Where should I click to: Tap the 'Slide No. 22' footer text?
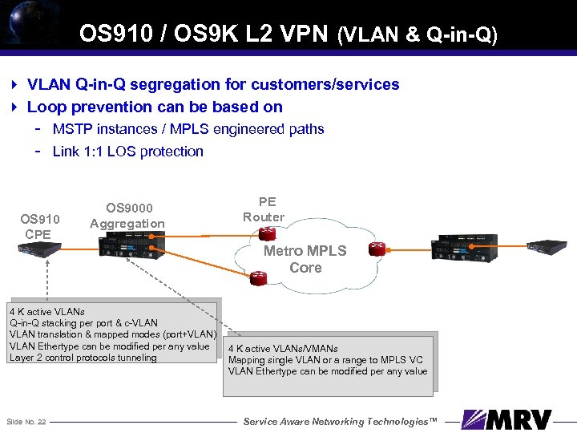pos(26,421)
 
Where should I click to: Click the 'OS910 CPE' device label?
pos(39,226)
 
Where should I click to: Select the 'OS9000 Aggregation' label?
pos(127,216)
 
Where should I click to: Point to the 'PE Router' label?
pos(263,209)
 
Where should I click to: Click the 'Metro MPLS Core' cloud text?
pos(305,259)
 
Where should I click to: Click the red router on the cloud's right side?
pos(373,249)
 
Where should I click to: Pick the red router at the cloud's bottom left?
pos(259,279)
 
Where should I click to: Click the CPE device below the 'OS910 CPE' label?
pos(39,249)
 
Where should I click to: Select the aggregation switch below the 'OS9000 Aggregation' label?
pos(133,245)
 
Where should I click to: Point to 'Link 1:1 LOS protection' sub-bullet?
pos(127,151)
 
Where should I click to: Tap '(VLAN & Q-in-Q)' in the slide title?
pos(418,34)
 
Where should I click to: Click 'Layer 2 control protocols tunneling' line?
pos(83,358)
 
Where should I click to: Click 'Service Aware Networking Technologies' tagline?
pos(341,421)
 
